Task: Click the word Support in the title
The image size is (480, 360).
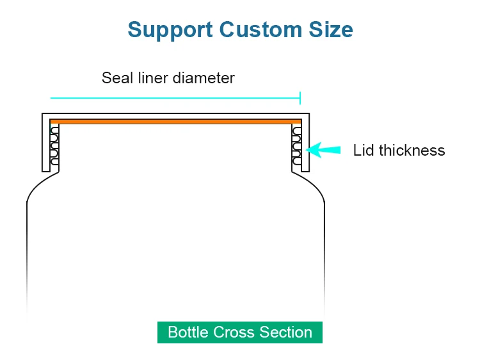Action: [170, 30]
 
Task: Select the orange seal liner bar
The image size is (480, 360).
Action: [175, 120]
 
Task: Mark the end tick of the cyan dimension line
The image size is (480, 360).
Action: [300, 98]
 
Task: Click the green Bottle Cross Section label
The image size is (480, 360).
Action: [240, 332]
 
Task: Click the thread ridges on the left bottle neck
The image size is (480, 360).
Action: [54, 145]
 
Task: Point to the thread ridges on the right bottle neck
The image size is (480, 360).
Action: [296, 145]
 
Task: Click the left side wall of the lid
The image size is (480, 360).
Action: [45, 144]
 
